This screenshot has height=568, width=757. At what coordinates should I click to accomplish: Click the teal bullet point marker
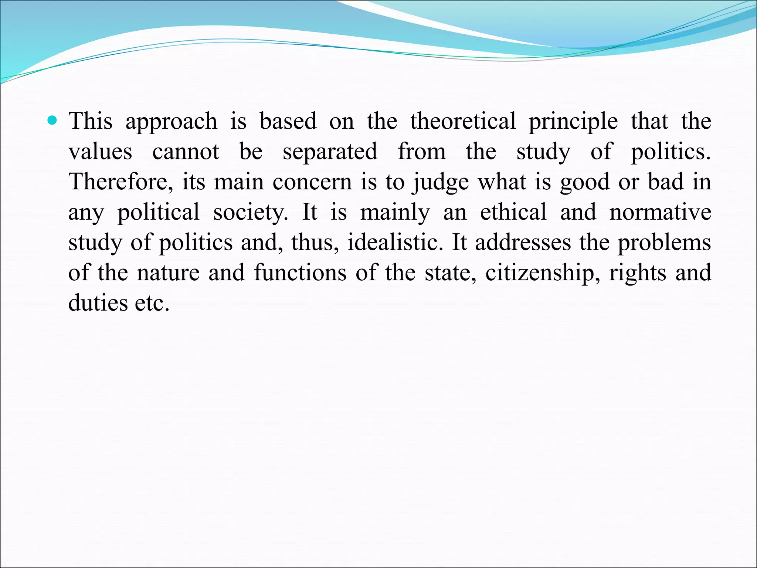point(53,120)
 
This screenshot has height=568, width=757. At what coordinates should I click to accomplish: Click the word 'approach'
point(171,122)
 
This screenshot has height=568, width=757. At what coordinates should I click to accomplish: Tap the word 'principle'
point(573,122)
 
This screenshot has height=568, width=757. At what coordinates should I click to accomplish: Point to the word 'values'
point(100,152)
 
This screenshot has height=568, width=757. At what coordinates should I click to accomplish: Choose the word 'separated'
point(330,152)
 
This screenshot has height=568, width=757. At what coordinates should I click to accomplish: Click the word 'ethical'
point(513,212)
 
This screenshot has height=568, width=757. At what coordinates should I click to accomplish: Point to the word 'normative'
point(660,212)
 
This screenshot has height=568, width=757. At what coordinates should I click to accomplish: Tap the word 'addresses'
point(523,243)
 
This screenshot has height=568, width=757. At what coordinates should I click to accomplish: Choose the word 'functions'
point(300,273)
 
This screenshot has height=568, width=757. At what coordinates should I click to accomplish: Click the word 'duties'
point(98,303)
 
